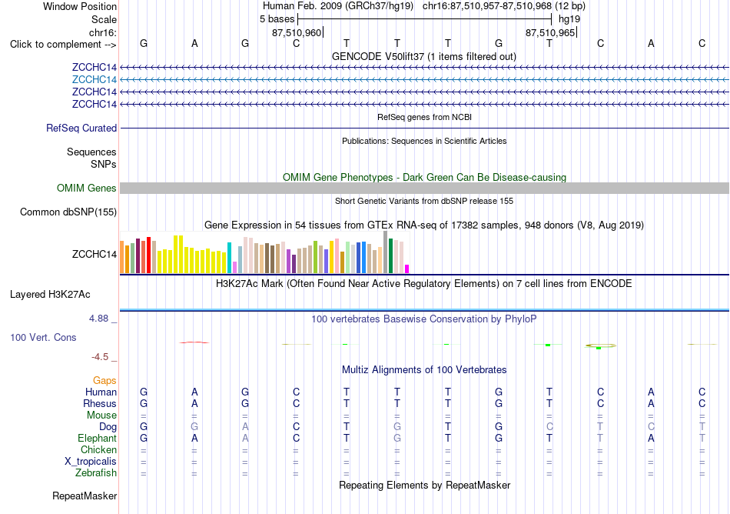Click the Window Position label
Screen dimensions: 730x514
[x=80, y=6]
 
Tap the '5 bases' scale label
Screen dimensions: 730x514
[x=277, y=19]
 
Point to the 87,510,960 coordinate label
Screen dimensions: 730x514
[x=297, y=32]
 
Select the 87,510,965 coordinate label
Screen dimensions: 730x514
[x=550, y=32]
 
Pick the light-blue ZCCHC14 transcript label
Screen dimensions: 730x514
[x=94, y=80]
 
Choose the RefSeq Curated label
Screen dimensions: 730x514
[x=81, y=128]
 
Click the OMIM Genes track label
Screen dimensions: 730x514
[x=87, y=189]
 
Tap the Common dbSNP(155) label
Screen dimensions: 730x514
[x=68, y=212]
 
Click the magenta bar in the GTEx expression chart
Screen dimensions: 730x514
[x=407, y=269]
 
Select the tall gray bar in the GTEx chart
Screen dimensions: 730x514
[x=386, y=252]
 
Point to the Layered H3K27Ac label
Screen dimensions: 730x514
[x=50, y=295]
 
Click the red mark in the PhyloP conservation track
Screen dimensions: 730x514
[x=194, y=342]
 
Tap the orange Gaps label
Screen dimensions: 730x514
[x=105, y=381]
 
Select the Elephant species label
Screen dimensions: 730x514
[x=98, y=439]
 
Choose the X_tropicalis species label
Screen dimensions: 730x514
[x=91, y=462]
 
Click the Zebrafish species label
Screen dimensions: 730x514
[x=96, y=473]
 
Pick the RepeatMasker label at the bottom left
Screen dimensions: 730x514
[x=85, y=496]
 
